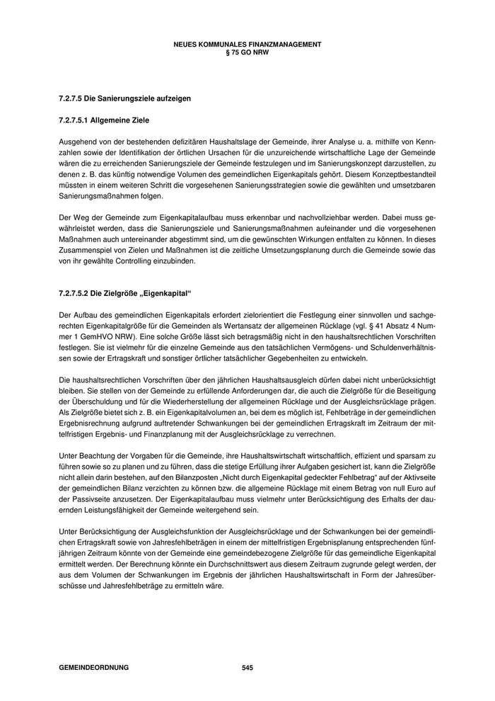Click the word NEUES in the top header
coord(185,44)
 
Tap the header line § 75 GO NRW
coord(247,52)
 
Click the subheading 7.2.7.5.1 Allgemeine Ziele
coord(104,120)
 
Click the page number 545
coord(247,668)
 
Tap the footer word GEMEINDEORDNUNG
coord(93,668)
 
